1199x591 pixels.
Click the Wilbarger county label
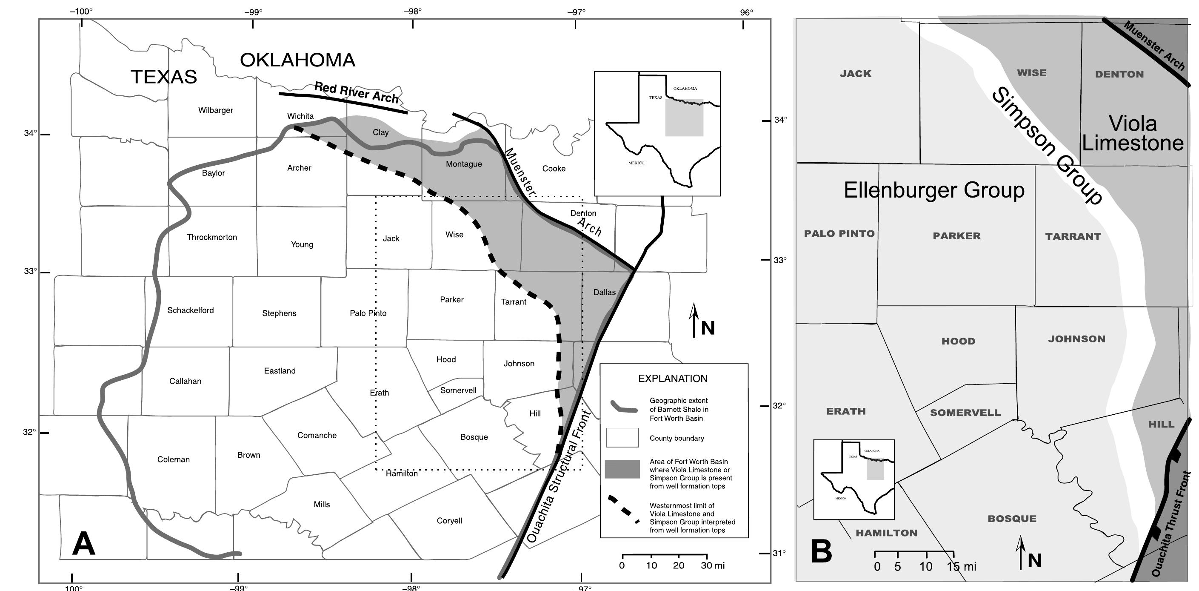pyautogui.click(x=215, y=110)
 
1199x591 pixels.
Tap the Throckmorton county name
pyautogui.click(x=212, y=238)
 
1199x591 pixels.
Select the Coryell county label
pyautogui.click(x=449, y=521)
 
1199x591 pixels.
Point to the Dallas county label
pyautogui.click(x=604, y=293)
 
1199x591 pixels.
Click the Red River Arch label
pyautogui.click(x=357, y=93)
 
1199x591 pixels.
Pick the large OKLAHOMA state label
pyautogui.click(x=297, y=60)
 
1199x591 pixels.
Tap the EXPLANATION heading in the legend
pyautogui.click(x=673, y=379)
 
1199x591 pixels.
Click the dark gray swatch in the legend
pyautogui.click(x=622, y=469)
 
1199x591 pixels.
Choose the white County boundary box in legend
pyautogui.click(x=622, y=438)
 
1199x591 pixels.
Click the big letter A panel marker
pyautogui.click(x=84, y=544)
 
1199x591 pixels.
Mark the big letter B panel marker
pyautogui.click(x=821, y=552)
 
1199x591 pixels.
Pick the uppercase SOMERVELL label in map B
pyautogui.click(x=965, y=413)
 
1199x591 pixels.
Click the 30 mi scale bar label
pyautogui.click(x=712, y=566)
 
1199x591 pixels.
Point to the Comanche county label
pyautogui.click(x=317, y=436)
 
